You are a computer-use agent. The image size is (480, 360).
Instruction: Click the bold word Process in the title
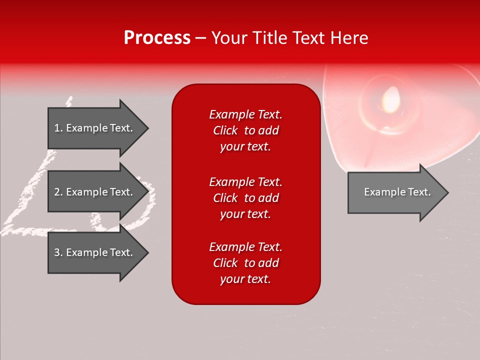(157, 38)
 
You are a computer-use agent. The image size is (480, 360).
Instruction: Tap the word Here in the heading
(348, 38)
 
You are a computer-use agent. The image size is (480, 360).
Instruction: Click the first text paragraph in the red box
(245, 130)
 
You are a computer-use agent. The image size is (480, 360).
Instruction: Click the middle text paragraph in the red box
(245, 197)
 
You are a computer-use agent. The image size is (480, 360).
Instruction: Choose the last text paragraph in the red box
(245, 263)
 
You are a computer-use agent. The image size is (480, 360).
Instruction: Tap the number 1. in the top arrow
(58, 128)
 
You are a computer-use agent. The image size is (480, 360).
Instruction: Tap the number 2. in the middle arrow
(58, 192)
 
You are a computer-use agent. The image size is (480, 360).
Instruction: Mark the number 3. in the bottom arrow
(58, 252)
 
